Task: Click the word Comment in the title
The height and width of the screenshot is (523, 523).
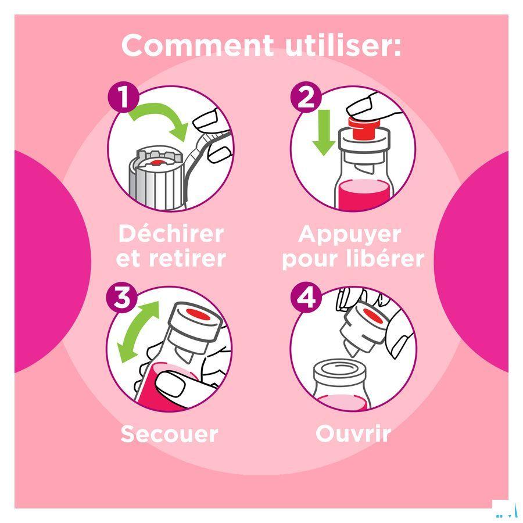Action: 198,45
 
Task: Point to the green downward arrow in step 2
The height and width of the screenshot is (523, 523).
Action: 324,132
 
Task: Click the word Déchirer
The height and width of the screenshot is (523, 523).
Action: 171,234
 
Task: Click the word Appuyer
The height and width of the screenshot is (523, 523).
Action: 350,235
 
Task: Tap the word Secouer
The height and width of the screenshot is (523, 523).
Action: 170,434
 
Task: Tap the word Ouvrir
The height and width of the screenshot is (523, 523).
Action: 353,434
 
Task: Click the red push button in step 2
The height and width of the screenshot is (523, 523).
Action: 364,128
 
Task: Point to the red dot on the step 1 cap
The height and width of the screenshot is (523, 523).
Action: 156,163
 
